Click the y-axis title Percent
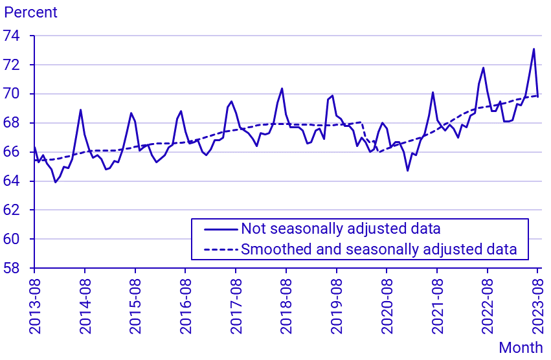[31, 12]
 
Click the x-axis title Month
[521, 348]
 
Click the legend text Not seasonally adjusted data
[341, 229]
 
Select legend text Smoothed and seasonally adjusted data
[379, 249]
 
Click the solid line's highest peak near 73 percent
[534, 49]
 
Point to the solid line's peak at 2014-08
[80, 109]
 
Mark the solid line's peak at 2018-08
[282, 89]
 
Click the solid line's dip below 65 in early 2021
[408, 170]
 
